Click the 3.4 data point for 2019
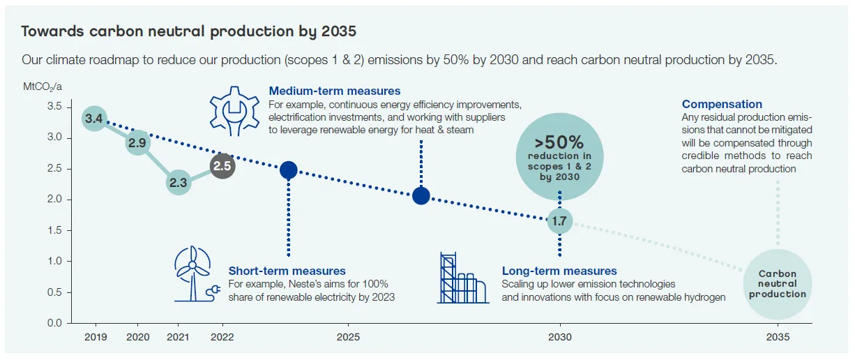click(94, 119)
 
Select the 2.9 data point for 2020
click(137, 142)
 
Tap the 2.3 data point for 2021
click(179, 183)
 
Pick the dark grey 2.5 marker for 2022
click(222, 167)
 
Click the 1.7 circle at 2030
click(559, 221)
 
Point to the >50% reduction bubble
click(559, 157)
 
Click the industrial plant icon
click(462, 278)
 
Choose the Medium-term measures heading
click(335, 91)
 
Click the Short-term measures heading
click(287, 271)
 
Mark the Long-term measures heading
click(559, 271)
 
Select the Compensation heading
click(722, 104)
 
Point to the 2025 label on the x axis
click(348, 337)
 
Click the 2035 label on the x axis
click(778, 337)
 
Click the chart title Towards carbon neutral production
click(188, 31)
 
